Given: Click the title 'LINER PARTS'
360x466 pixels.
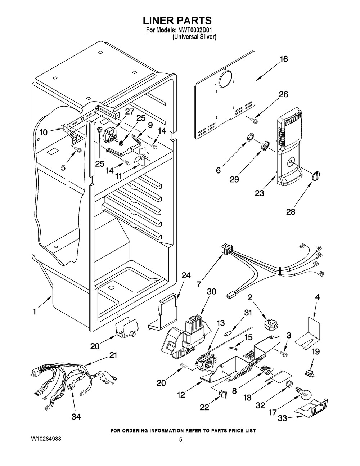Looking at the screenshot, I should pos(180,21).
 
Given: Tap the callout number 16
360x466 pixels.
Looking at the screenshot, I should pos(284,59).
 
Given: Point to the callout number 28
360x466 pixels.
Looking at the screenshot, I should pos(291,212).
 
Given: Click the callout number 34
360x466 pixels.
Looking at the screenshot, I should pos(76,417).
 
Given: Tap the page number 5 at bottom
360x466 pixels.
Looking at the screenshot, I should pos(181,439).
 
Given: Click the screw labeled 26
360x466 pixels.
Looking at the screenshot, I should pos(255,121).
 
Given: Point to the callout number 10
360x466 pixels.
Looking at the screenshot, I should pos(43,132).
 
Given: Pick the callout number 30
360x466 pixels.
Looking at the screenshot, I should pos(211,292).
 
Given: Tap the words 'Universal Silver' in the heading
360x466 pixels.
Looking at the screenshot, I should pos(194,37).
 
